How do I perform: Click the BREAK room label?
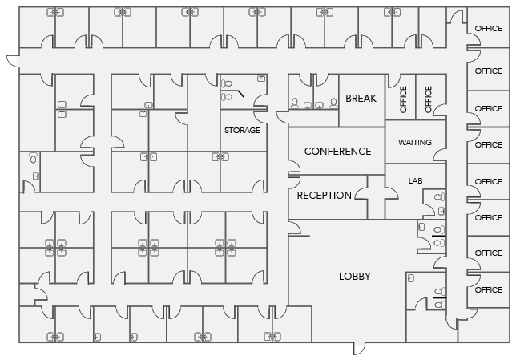361,99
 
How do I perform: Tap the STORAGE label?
242,130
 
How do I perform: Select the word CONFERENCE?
337,152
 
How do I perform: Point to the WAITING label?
414,143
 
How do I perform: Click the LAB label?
414,181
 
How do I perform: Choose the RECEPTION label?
324,196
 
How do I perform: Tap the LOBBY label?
354,277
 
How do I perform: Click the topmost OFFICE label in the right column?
488,29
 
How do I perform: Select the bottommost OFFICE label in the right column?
488,290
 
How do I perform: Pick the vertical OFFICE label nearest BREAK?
403,99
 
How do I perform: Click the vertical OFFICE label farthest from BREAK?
428,99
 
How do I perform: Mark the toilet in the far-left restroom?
34,175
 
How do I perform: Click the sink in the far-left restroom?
33,158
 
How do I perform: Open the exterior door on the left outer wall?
11,61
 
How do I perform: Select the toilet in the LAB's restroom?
437,196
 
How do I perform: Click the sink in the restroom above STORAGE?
261,79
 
